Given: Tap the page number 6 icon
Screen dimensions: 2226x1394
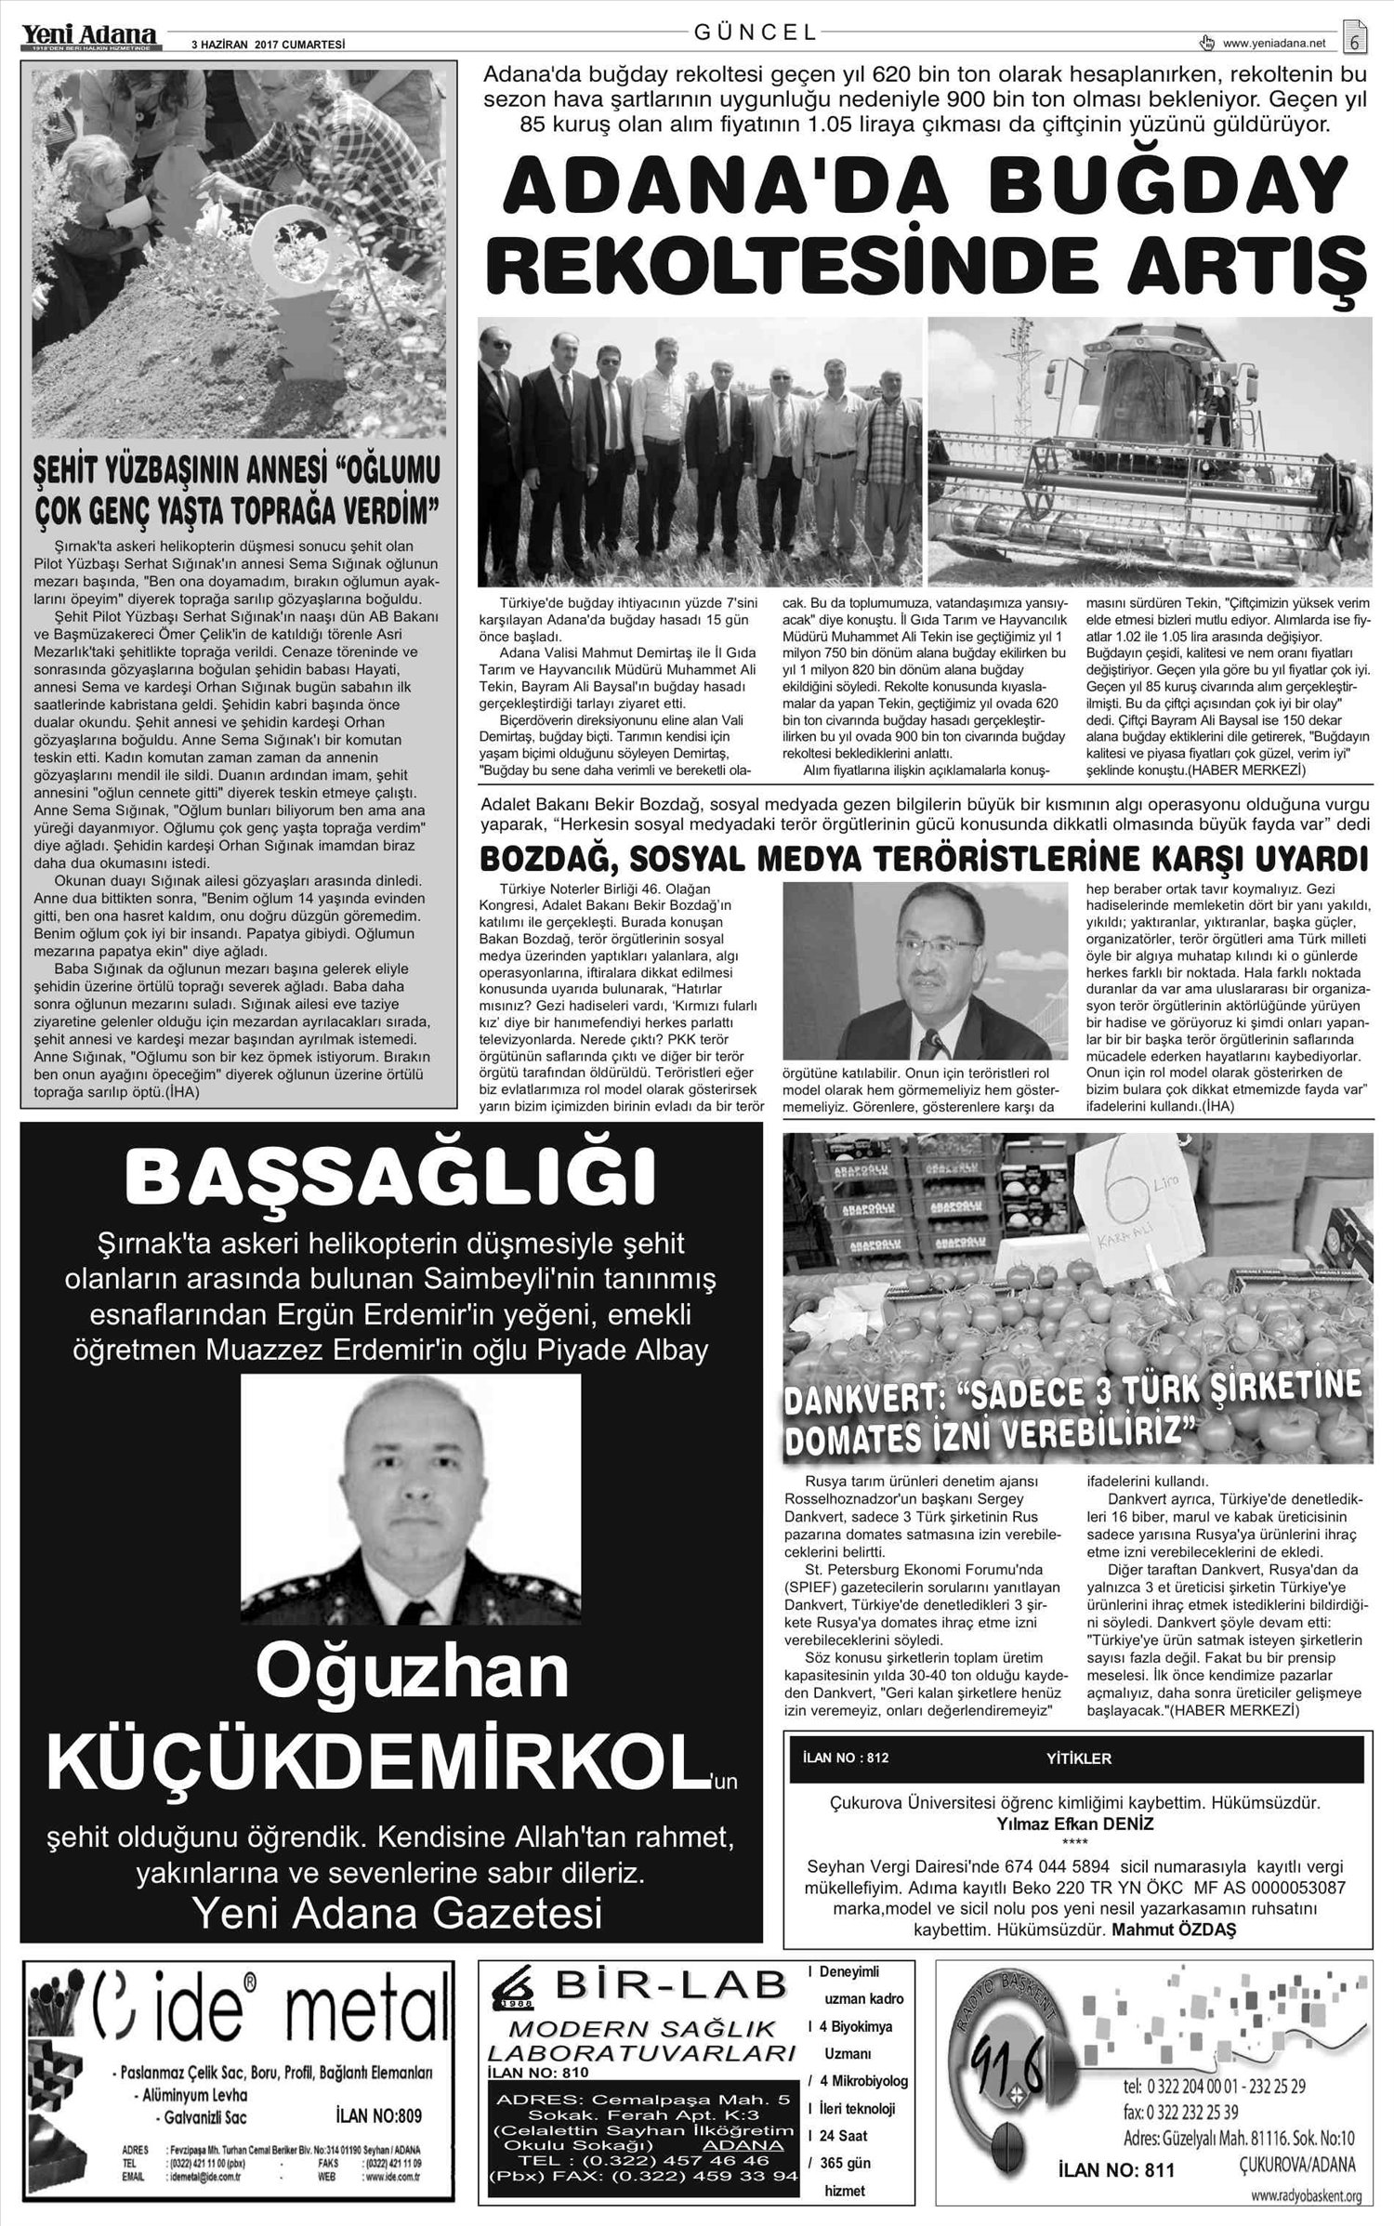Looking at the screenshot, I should (1355, 38).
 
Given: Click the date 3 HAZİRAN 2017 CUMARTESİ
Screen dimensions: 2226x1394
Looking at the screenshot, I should (268, 43).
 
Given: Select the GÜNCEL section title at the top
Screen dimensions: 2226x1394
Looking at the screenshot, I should (756, 33).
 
